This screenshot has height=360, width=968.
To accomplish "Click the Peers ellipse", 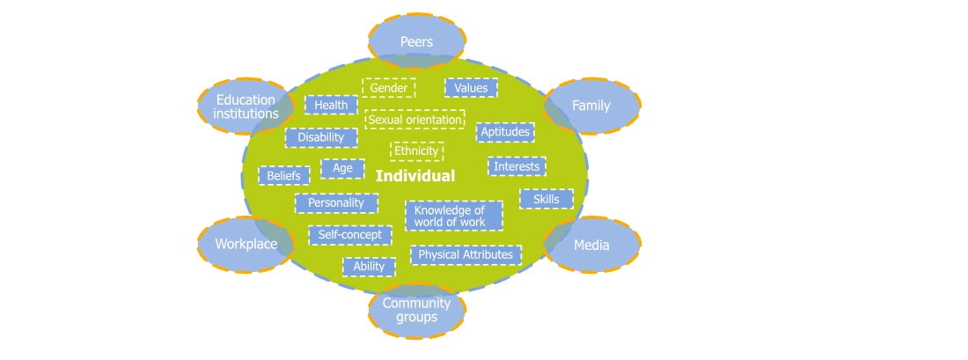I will click(416, 41).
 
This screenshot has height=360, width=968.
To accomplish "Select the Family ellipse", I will click(591, 106).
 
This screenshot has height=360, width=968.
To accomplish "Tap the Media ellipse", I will click(591, 245).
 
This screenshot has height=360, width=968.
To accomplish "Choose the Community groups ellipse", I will click(416, 310).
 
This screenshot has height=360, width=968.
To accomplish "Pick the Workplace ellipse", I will click(246, 244).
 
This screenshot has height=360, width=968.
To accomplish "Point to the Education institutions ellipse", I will click(246, 107).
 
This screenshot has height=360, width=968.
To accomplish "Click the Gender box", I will click(389, 88).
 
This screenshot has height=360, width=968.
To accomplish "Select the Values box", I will click(471, 88).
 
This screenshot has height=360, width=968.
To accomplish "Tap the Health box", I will click(331, 105).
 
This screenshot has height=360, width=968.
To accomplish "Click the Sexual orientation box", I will click(414, 119).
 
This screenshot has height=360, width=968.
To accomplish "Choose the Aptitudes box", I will click(505, 132).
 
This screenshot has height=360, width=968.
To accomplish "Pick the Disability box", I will click(321, 137).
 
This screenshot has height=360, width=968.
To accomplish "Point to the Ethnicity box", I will click(416, 151).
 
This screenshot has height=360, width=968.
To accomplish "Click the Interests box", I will click(517, 166).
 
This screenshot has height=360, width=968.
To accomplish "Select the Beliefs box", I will click(283, 176).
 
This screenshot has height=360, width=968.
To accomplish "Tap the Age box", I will click(342, 168).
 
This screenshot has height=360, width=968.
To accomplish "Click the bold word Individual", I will click(415, 176).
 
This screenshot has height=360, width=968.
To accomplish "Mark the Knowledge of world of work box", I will click(453, 216).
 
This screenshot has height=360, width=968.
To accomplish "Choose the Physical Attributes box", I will click(466, 254).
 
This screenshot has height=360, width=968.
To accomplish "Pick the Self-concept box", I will click(350, 235).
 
